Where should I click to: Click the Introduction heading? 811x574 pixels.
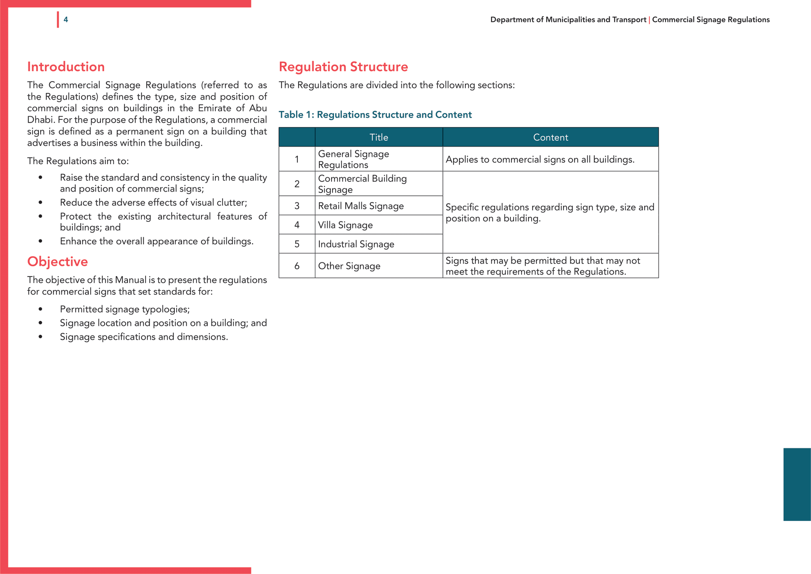pyautogui.click(x=66, y=67)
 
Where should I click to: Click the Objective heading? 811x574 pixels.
pyautogui.click(x=57, y=262)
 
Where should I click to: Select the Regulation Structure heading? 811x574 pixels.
pyautogui.click(x=343, y=67)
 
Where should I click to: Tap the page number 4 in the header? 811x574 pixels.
pyautogui.click(x=66, y=19)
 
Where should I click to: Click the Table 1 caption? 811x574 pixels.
pyautogui.click(x=375, y=115)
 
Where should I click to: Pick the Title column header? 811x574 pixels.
pyautogui.click(x=378, y=138)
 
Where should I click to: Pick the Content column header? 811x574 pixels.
pyautogui.click(x=550, y=138)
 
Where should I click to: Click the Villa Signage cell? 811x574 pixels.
pyautogui.click(x=345, y=225)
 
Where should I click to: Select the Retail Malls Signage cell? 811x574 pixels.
pyautogui.click(x=360, y=206)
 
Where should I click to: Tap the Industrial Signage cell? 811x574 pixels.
pyautogui.click(x=356, y=244)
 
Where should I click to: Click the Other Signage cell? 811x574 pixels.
pyautogui.click(x=349, y=266)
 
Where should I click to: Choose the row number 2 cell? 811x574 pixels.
pyautogui.click(x=296, y=184)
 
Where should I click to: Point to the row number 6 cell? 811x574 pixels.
pyautogui.click(x=296, y=266)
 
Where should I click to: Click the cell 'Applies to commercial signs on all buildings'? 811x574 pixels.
pyautogui.click(x=540, y=160)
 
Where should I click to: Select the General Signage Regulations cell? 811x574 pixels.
pyautogui.click(x=353, y=159)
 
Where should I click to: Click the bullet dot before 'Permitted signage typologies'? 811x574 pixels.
pyautogui.click(x=41, y=309)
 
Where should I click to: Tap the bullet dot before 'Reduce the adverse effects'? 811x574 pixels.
pyautogui.click(x=41, y=202)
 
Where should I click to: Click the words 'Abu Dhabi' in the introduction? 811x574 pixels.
pyautogui.click(x=258, y=108)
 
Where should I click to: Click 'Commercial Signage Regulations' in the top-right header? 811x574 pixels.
pyautogui.click(x=711, y=19)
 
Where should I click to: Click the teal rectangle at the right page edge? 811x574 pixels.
pyautogui.click(x=797, y=484)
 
